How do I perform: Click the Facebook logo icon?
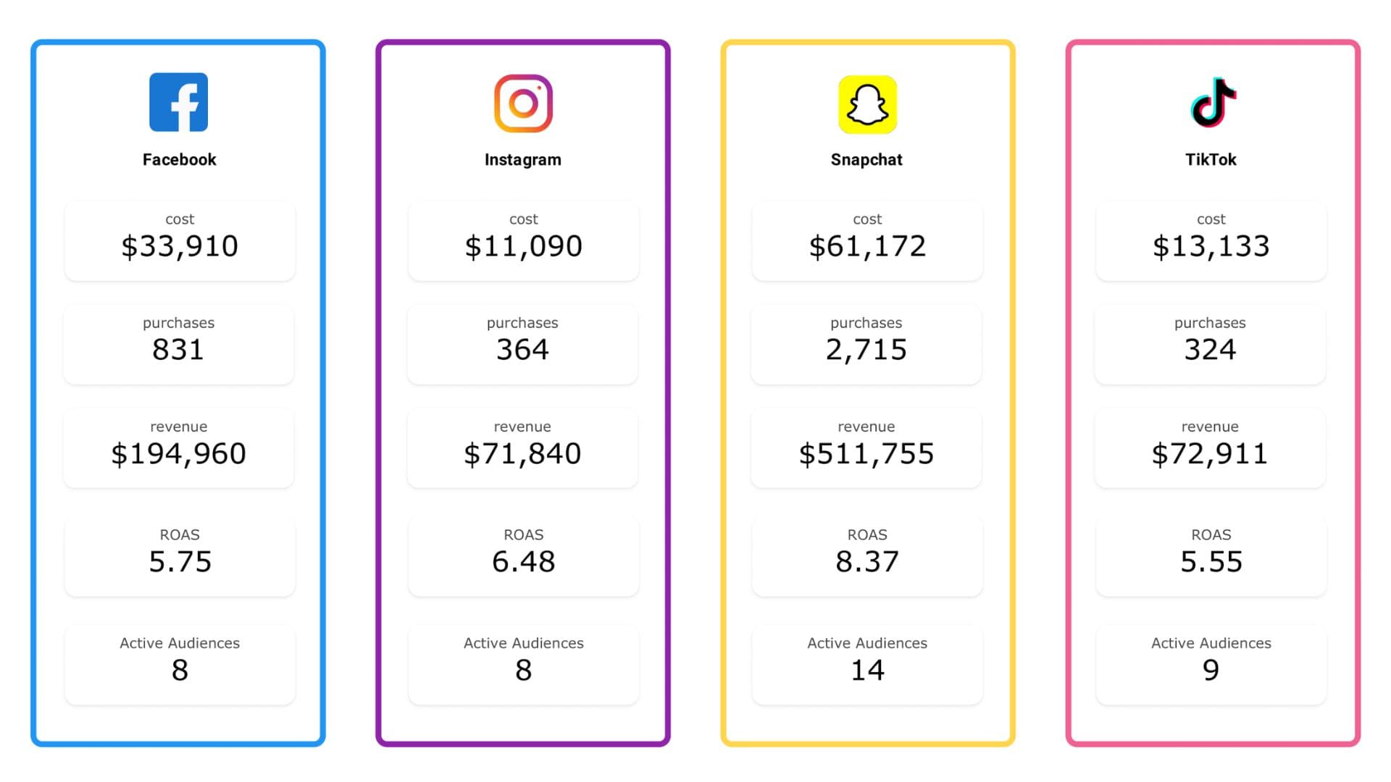pos(178,102)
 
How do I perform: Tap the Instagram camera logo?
pos(523,104)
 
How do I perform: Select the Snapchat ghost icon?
pos(867,104)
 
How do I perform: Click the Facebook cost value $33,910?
pos(180,246)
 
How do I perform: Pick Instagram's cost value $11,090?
pos(523,246)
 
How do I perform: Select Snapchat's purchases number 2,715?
pos(866,350)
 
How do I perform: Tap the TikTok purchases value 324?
pos(1210,350)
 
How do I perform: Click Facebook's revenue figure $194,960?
pos(178,454)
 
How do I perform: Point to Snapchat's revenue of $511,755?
pos(866,454)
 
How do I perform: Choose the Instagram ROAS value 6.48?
pos(523,562)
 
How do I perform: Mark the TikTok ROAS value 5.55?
pos(1211,562)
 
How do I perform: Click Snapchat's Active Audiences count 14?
pos(867,670)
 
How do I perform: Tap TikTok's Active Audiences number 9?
pos(1211,670)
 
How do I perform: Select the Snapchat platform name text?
pos(866,159)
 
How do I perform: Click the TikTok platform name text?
pos(1211,159)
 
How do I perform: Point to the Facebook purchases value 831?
pos(178,350)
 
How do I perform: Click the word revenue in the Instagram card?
pos(522,426)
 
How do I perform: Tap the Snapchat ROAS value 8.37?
pos(867,562)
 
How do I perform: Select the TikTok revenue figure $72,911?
pos(1210,454)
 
